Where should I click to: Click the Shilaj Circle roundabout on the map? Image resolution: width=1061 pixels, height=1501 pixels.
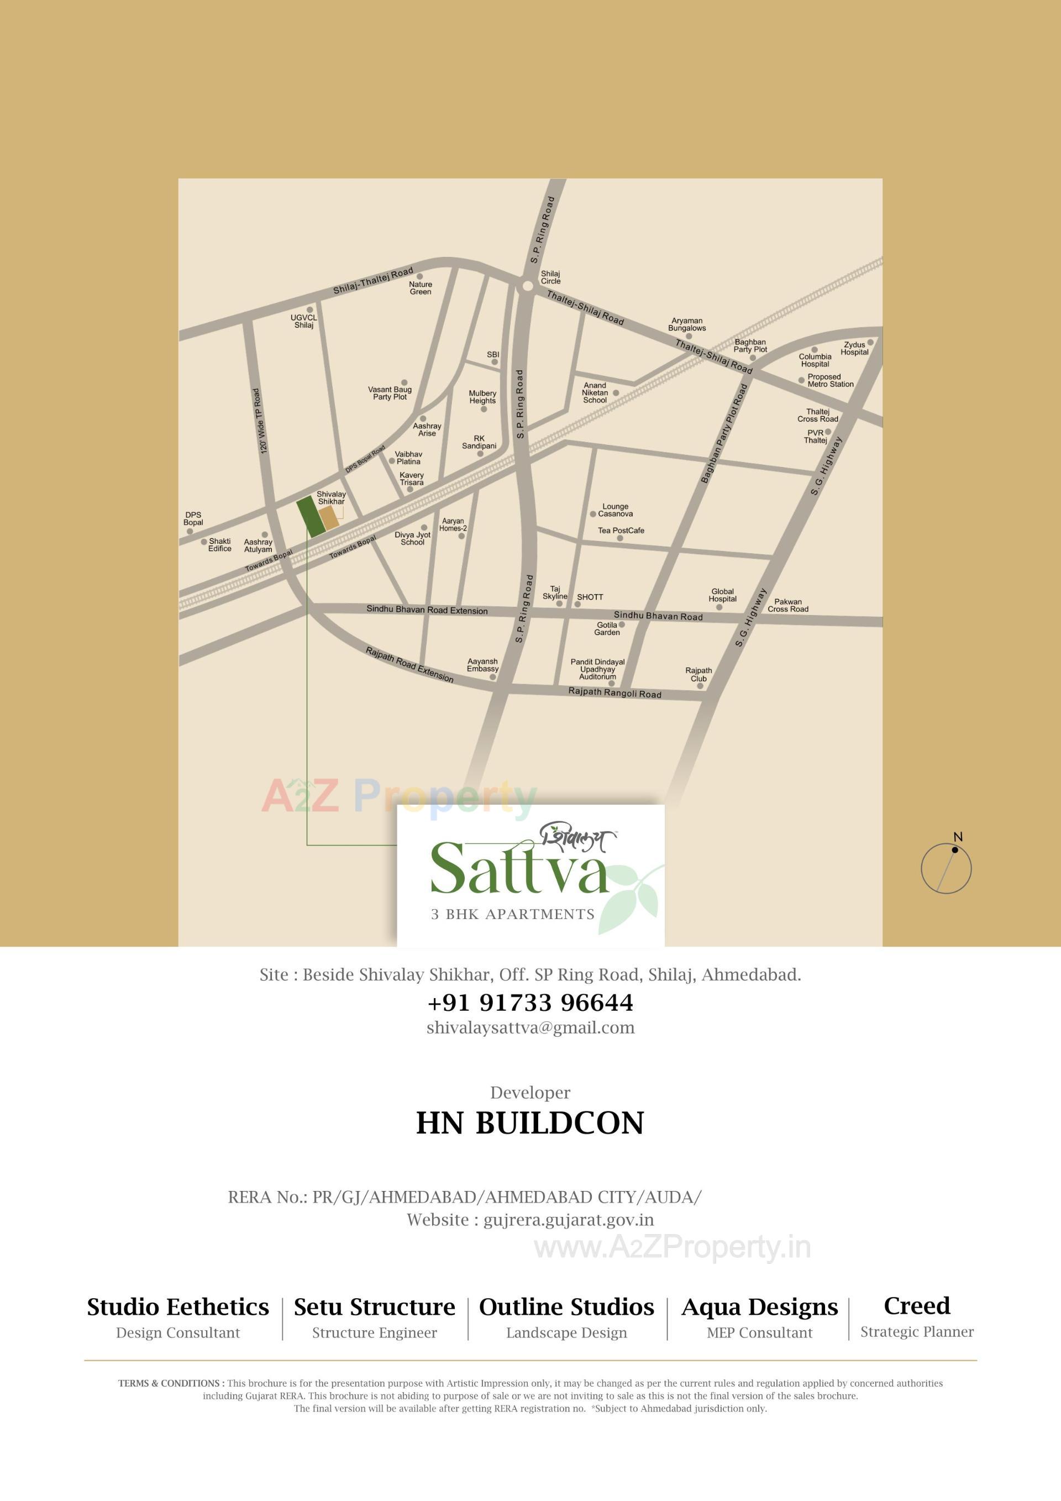point(527,286)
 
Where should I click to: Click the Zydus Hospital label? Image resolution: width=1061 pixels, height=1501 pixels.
point(854,348)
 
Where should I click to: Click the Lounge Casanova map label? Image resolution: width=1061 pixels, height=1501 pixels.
point(615,510)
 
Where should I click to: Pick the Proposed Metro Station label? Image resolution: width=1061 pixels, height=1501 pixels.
point(830,380)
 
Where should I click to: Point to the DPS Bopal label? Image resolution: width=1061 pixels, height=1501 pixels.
point(193,518)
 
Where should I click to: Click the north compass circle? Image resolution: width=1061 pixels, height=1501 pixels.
point(946,868)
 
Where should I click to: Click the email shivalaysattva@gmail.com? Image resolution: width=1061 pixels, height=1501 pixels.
point(530,1028)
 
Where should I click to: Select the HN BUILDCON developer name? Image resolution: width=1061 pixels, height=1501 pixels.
point(530,1123)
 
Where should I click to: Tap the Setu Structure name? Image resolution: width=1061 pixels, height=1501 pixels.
point(375,1307)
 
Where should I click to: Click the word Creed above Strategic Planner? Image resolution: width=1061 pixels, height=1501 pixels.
point(917,1305)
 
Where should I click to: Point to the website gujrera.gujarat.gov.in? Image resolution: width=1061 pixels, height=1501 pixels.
point(568,1220)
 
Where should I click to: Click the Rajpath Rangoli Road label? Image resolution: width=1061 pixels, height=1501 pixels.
point(614,693)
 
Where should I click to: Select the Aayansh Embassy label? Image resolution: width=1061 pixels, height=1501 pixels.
point(482,665)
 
